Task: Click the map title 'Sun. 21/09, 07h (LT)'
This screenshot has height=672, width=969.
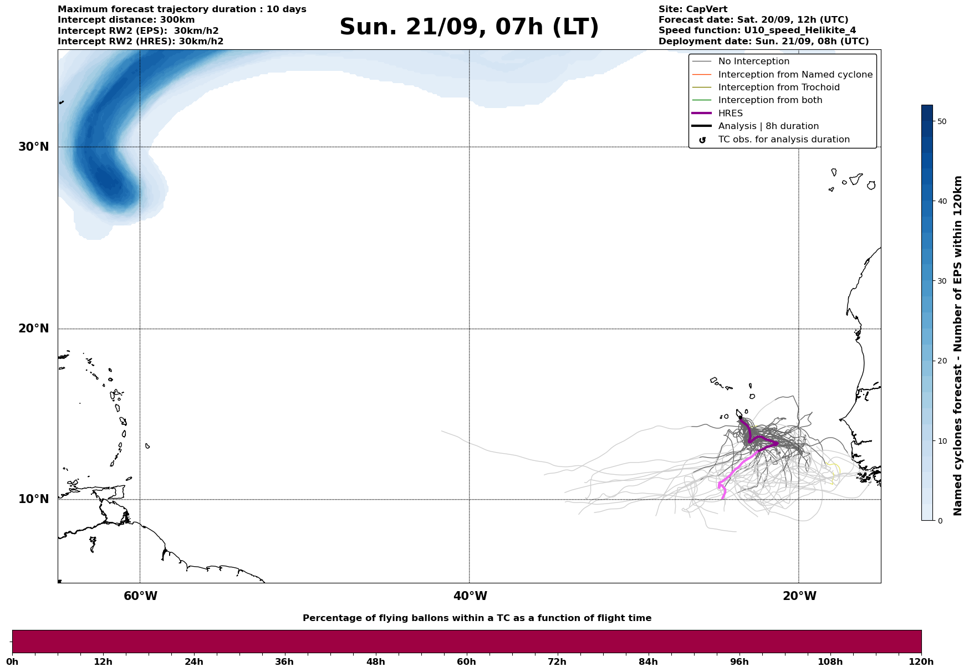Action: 469,27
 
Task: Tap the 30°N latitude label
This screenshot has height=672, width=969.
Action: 34,147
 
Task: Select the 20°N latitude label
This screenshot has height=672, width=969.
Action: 34,329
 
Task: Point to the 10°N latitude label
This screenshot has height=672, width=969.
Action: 34,499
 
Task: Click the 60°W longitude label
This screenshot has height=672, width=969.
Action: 140,596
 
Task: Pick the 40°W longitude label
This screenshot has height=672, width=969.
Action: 470,596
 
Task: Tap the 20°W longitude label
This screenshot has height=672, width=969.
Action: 799,596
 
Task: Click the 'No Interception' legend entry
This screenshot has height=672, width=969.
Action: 753,61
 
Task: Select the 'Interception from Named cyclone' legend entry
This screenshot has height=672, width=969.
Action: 795,75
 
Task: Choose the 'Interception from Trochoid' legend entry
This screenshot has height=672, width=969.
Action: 778,88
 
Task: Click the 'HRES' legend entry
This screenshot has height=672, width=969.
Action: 730,113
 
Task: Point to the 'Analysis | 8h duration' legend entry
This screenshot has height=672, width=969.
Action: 768,126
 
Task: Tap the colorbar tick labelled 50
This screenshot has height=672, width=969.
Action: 941,121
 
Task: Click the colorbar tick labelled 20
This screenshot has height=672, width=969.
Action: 941,361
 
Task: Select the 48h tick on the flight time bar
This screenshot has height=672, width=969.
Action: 376,661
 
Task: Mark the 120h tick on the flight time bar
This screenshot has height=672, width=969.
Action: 921,661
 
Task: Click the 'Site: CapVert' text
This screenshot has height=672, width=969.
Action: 693,9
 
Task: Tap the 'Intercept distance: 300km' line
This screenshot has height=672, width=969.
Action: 126,20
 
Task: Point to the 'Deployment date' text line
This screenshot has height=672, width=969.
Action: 763,42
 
